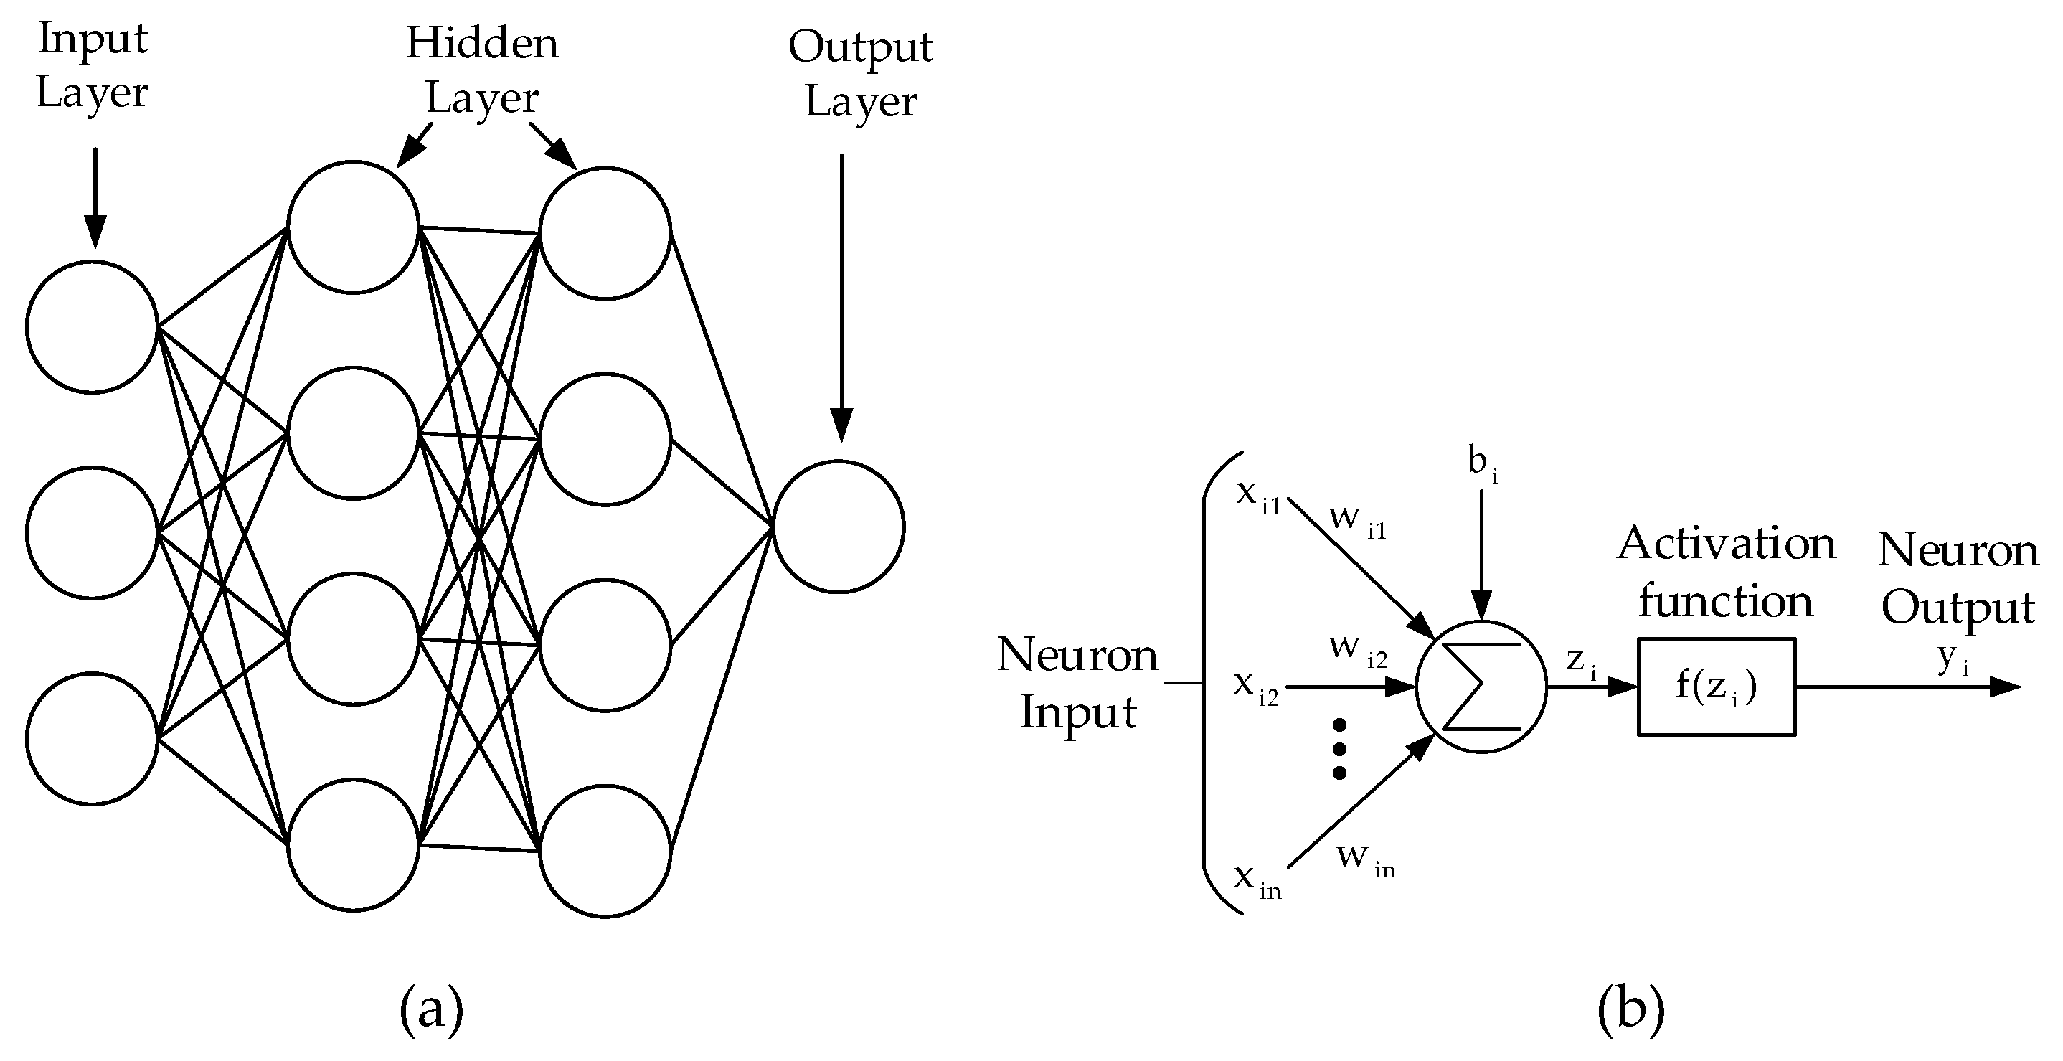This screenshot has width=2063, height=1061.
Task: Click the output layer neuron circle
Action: point(838,527)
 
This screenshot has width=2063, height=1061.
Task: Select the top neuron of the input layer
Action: point(91,326)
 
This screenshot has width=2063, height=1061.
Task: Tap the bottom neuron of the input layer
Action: point(91,738)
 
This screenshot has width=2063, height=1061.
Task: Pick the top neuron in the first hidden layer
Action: point(353,227)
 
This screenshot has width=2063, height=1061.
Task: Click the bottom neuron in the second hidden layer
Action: point(605,852)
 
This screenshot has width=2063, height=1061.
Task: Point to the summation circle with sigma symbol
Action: point(1481,687)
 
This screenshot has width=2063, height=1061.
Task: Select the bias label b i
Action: point(1481,464)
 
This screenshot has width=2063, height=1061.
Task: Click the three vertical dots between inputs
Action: point(1339,749)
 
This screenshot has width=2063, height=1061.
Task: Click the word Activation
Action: point(1726,544)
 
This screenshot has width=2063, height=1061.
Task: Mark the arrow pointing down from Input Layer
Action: point(95,196)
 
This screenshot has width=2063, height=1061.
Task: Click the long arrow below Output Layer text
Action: point(841,296)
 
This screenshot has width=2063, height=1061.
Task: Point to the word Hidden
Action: point(482,43)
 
